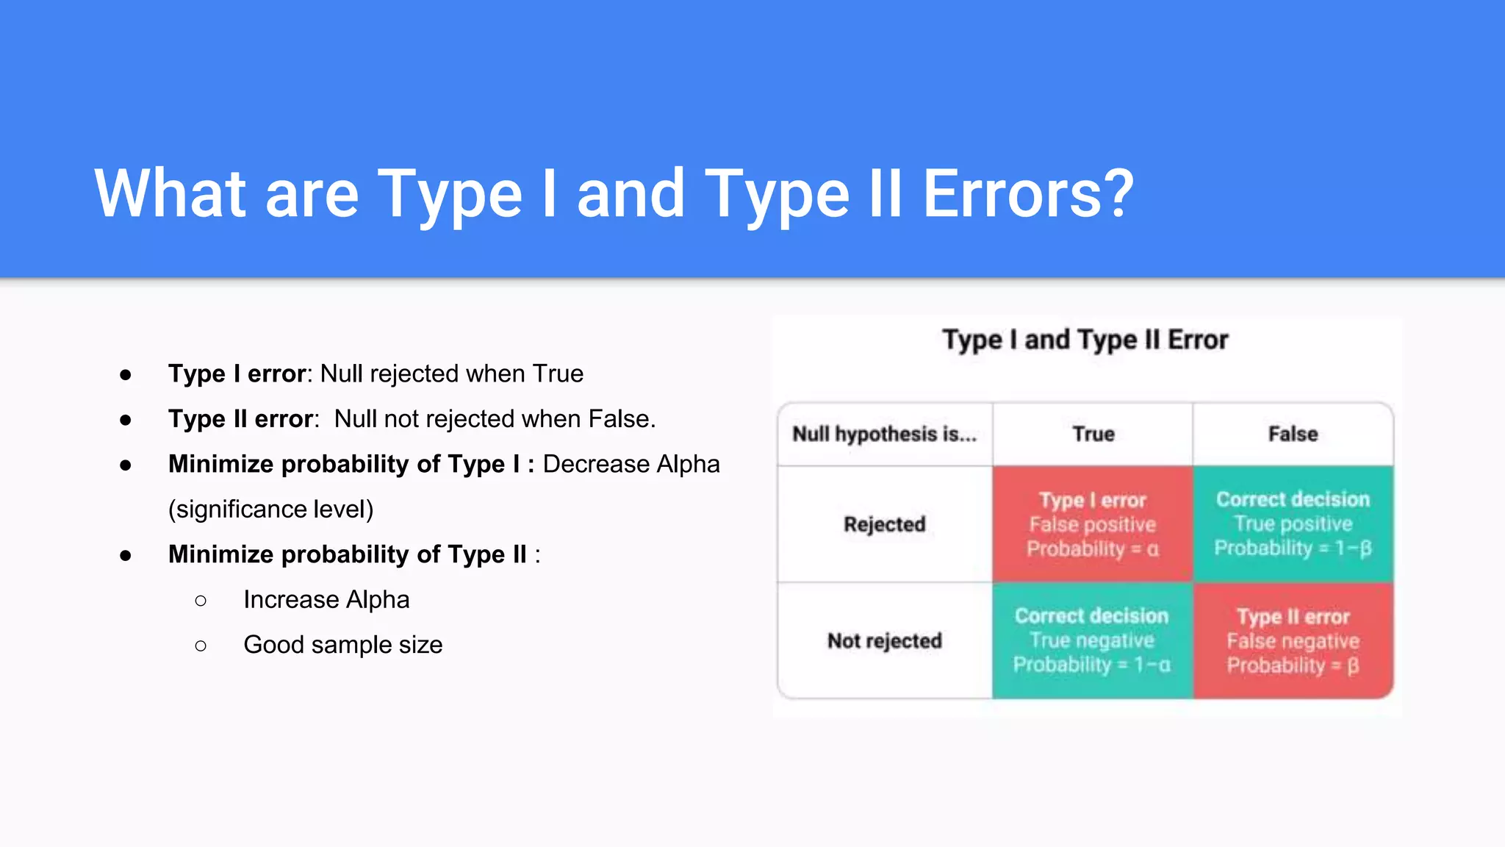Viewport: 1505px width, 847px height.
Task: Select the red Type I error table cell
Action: pyautogui.click(x=1092, y=524)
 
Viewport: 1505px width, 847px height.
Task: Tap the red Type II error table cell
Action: pyautogui.click(x=1293, y=640)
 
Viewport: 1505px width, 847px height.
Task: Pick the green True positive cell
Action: pyautogui.click(x=1293, y=524)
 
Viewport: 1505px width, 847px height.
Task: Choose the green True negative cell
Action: pyautogui.click(x=1092, y=640)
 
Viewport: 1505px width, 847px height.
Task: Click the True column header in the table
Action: pyautogui.click(x=1093, y=434)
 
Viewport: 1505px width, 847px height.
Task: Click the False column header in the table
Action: pyautogui.click(x=1293, y=434)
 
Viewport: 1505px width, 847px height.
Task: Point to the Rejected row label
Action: pyautogui.click(x=884, y=524)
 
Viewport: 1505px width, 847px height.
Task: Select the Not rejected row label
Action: pyautogui.click(x=884, y=641)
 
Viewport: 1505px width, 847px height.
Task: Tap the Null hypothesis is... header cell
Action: pyautogui.click(x=884, y=434)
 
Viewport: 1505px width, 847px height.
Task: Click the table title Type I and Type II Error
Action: pyautogui.click(x=1085, y=340)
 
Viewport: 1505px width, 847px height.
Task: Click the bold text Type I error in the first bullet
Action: pyautogui.click(x=237, y=374)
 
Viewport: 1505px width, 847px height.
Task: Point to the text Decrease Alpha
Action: pyautogui.click(x=631, y=464)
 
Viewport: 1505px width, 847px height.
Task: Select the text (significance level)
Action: pyautogui.click(x=270, y=509)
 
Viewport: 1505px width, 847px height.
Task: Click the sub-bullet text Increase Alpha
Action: pyautogui.click(x=326, y=599)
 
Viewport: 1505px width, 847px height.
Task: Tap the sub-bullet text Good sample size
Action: pyautogui.click(x=342, y=645)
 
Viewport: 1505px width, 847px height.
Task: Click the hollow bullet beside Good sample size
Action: pyautogui.click(x=201, y=646)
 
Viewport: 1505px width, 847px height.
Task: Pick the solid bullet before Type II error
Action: pyautogui.click(x=126, y=420)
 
